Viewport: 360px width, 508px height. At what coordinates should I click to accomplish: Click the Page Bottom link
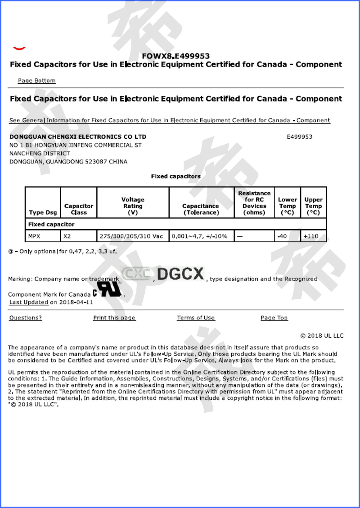(36, 80)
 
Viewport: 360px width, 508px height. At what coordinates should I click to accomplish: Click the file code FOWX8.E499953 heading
(175, 56)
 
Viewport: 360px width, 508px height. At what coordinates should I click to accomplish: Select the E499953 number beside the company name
(299, 137)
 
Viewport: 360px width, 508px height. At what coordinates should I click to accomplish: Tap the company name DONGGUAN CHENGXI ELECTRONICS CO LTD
(77, 137)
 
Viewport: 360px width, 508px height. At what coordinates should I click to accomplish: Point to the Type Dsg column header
(43, 213)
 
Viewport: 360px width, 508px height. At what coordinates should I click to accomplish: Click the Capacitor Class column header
(79, 209)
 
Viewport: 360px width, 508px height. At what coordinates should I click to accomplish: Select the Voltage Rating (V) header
(133, 206)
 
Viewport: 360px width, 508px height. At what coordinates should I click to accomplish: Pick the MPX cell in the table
(34, 236)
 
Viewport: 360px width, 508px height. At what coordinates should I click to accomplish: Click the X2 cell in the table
(67, 236)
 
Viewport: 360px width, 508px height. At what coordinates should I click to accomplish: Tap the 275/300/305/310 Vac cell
(132, 236)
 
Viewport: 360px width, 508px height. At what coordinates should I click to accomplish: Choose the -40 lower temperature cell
(282, 236)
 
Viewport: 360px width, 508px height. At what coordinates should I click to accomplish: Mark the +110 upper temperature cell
(311, 236)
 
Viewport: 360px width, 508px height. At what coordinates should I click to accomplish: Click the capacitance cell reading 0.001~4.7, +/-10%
(199, 236)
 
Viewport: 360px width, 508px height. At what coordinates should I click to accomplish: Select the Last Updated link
(28, 302)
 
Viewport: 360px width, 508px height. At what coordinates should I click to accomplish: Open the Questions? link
(25, 318)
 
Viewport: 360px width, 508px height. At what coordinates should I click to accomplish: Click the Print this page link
(114, 318)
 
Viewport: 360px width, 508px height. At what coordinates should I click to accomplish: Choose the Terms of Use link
(196, 318)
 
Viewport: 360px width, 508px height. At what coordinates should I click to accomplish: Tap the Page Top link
(274, 318)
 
